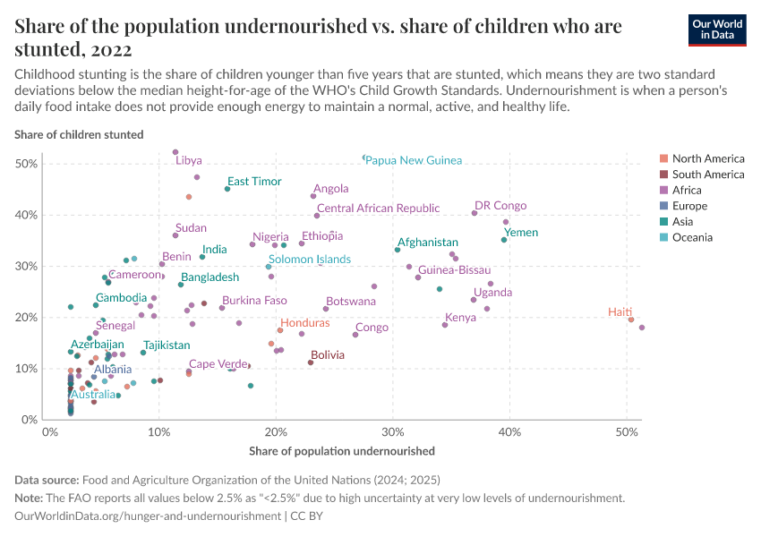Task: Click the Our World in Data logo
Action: pyautogui.click(x=718, y=30)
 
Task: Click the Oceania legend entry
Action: pyautogui.click(x=691, y=238)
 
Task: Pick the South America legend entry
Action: pyautogui.click(x=707, y=175)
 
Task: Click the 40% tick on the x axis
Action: pyautogui.click(x=509, y=432)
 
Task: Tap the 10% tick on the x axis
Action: pyautogui.click(x=158, y=432)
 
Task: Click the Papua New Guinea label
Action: pyautogui.click(x=414, y=160)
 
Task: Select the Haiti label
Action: pyautogui.click(x=620, y=312)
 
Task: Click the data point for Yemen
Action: pyautogui.click(x=504, y=240)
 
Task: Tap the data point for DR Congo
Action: pyautogui.click(x=475, y=213)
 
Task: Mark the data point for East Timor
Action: pyautogui.click(x=227, y=189)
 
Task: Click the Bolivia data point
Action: pyautogui.click(x=311, y=362)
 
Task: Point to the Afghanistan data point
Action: pyautogui.click(x=398, y=250)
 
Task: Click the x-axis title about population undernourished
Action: pyautogui.click(x=341, y=451)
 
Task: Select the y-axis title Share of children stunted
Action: pyautogui.click(x=79, y=135)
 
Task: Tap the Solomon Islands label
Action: pyautogui.click(x=310, y=260)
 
